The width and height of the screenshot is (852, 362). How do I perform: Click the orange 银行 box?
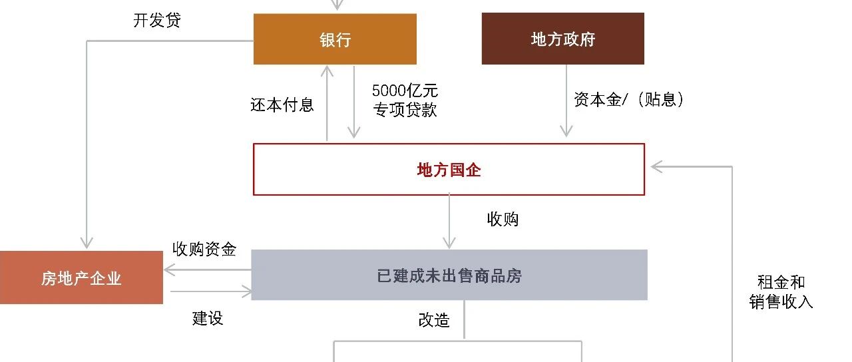[335, 39]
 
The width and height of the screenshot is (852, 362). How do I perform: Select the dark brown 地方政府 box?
[562, 39]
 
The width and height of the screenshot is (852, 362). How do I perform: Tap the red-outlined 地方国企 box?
[449, 169]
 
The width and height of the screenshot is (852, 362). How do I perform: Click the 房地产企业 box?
[81, 277]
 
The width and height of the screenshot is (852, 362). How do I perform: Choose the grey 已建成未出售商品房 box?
[449, 275]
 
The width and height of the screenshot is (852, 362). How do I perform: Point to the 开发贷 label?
[156, 20]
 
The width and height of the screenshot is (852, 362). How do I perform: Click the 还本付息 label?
[282, 104]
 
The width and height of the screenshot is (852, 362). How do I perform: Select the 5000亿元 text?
[405, 90]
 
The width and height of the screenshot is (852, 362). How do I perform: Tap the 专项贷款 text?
[405, 110]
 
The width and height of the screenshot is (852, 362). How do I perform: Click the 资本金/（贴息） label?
[629, 100]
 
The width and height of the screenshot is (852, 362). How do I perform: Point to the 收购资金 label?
[204, 249]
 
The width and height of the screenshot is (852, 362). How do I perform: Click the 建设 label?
[207, 318]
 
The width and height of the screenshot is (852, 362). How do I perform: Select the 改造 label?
[434, 320]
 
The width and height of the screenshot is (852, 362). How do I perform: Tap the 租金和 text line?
[781, 282]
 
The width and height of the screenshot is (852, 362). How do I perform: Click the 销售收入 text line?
[781, 302]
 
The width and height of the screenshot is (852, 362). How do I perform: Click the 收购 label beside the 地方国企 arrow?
[503, 219]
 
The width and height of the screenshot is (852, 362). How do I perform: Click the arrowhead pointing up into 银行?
[327, 71]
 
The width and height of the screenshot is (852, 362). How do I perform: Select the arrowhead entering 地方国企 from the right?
[656, 166]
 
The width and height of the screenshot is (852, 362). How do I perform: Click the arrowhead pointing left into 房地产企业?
[170, 270]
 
